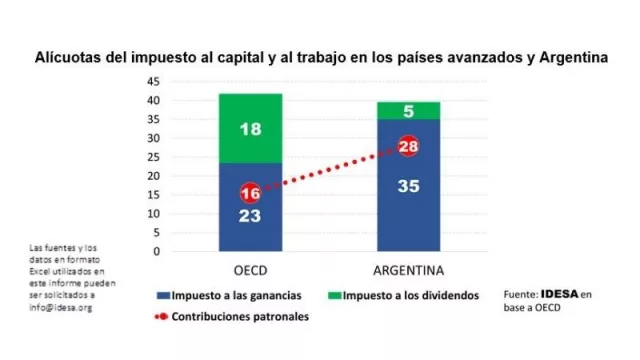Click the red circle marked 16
pos(250,193)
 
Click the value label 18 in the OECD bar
pos(250,128)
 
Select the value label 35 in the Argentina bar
pos(408,186)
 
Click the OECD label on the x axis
pos(250,270)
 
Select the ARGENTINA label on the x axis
pos(408,270)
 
